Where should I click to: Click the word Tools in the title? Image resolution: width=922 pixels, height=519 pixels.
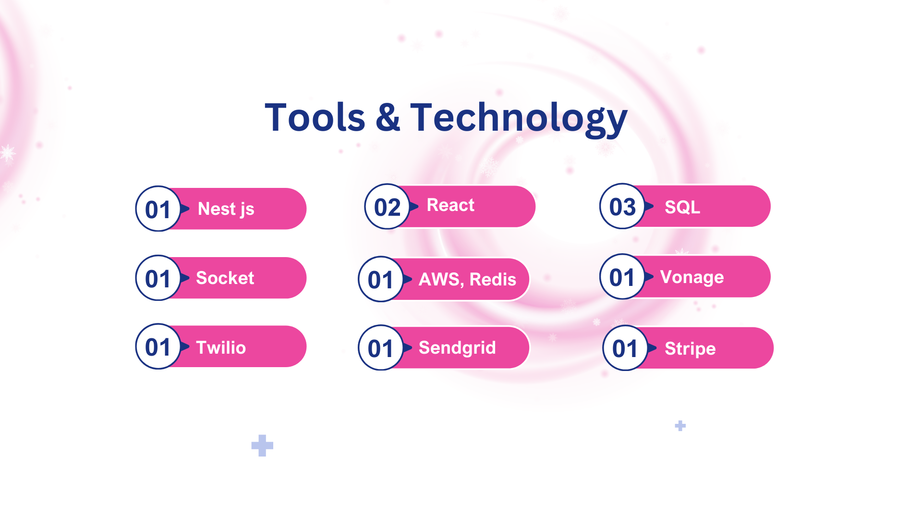(x=315, y=117)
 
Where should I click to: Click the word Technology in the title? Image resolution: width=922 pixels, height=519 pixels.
(x=519, y=119)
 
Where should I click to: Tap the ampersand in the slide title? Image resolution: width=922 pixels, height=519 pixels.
(x=388, y=117)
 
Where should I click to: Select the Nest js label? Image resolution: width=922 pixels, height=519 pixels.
(x=226, y=209)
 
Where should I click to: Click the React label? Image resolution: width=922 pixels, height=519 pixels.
(x=450, y=205)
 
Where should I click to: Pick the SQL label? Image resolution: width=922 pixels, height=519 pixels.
(x=682, y=207)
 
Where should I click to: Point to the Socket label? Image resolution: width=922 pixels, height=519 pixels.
(x=225, y=278)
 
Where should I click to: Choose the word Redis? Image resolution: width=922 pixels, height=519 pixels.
(x=493, y=279)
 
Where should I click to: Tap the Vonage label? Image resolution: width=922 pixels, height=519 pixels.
(x=692, y=277)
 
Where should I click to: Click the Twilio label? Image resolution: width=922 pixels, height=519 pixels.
(x=221, y=347)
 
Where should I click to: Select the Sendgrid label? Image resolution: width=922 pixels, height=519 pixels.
(x=457, y=348)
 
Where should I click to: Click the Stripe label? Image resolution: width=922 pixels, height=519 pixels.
(x=690, y=349)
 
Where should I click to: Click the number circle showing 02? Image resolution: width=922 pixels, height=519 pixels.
(x=387, y=207)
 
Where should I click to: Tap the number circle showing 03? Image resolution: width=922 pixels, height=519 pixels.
(x=622, y=206)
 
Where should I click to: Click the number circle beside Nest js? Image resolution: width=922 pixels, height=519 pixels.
(x=158, y=209)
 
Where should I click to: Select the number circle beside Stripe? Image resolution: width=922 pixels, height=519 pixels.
(x=625, y=348)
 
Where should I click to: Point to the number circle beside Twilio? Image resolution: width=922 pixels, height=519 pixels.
(x=158, y=346)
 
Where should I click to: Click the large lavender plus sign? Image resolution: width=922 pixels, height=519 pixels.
(x=262, y=445)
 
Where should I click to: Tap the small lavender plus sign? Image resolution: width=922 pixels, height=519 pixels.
(x=680, y=426)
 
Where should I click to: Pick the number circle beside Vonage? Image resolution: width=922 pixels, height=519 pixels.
(x=622, y=277)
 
